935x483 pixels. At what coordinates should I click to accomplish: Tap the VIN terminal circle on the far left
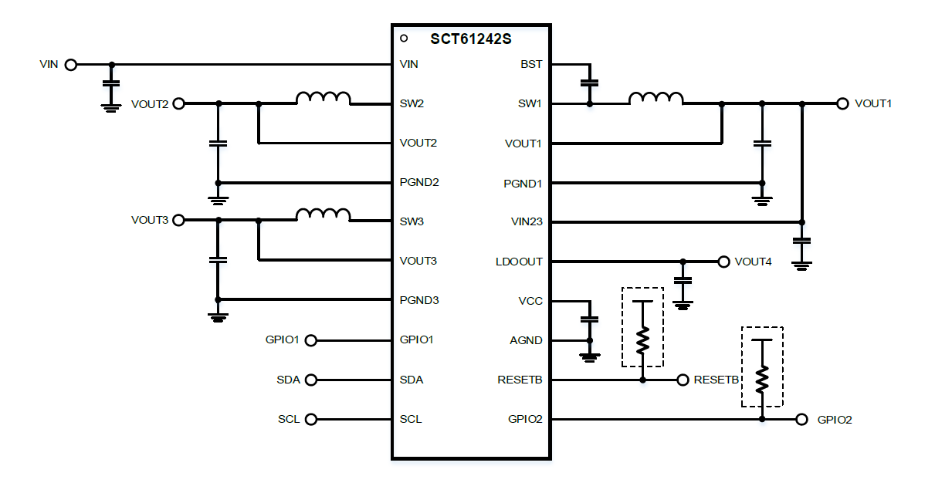coord(71,65)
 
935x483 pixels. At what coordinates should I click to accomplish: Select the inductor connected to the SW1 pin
coord(656,98)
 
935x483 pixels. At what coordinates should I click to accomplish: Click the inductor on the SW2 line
coord(324,98)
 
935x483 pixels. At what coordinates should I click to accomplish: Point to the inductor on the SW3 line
coord(324,214)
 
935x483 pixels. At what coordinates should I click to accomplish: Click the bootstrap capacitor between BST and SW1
coord(590,82)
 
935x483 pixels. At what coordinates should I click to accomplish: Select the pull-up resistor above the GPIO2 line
coord(762,378)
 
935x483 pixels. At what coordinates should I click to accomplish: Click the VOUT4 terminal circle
coord(723,262)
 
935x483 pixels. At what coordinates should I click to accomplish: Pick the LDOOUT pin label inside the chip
coord(519,262)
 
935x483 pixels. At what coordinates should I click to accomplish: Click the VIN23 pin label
coord(526,221)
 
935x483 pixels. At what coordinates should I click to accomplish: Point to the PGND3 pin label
coord(419,300)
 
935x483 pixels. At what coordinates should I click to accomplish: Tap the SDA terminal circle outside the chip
coord(311,380)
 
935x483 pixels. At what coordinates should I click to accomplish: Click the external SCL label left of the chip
coord(288,420)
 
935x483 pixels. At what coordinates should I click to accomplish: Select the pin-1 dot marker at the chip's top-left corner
coord(403,38)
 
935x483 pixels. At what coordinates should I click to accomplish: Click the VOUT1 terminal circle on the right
coord(842,103)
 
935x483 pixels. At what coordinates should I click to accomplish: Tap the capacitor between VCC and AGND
coord(590,319)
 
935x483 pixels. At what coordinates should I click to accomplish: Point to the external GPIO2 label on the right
coord(835,421)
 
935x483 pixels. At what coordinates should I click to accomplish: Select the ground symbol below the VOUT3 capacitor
coord(219,316)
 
